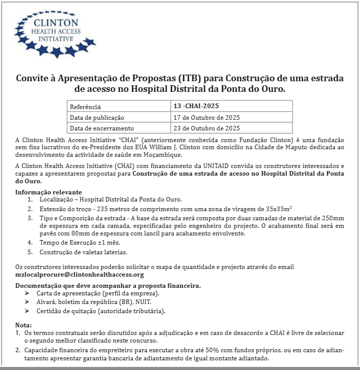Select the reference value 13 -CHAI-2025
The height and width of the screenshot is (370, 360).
click(197, 107)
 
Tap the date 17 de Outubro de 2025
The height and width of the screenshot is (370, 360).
click(207, 117)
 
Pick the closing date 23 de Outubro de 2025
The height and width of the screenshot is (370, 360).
click(207, 128)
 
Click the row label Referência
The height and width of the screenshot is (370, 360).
click(85, 107)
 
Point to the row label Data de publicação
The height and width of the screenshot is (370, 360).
click(97, 118)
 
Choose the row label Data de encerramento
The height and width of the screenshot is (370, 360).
click(102, 128)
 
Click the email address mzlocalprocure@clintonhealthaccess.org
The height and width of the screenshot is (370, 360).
click(80, 274)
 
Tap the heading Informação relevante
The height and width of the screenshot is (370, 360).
click(49, 192)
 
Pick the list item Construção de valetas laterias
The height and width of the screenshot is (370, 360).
click(84, 252)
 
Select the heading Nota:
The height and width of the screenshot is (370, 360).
click(23, 324)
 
